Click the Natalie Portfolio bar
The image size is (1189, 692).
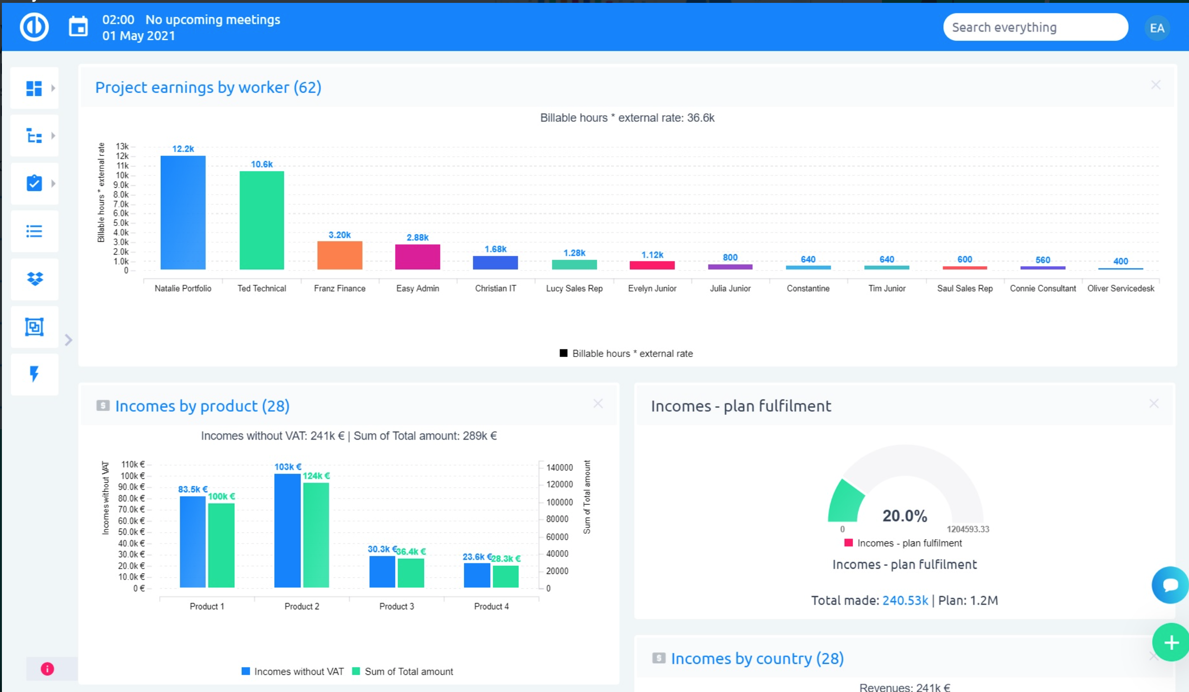point(183,213)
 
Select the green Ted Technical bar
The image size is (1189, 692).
point(262,220)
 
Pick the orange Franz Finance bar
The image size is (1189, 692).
point(340,255)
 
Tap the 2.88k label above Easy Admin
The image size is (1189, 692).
point(418,238)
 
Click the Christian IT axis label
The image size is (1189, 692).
point(495,288)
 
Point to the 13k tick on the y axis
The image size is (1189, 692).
point(122,146)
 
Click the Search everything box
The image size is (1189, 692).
point(1035,27)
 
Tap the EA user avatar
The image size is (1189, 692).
point(1157,28)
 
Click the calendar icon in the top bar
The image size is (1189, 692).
point(78,27)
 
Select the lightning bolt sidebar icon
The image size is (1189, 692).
point(34,374)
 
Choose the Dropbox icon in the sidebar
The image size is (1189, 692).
point(34,279)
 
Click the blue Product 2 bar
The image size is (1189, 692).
point(287,530)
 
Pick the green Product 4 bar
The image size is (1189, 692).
point(506,576)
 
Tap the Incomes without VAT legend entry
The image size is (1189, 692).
point(293,671)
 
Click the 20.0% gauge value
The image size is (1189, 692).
point(904,516)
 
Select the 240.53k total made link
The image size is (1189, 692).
point(905,600)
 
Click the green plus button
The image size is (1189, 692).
point(1171,643)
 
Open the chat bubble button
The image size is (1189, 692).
point(1170,585)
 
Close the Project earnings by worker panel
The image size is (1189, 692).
point(1156,85)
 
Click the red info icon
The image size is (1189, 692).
point(47,669)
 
